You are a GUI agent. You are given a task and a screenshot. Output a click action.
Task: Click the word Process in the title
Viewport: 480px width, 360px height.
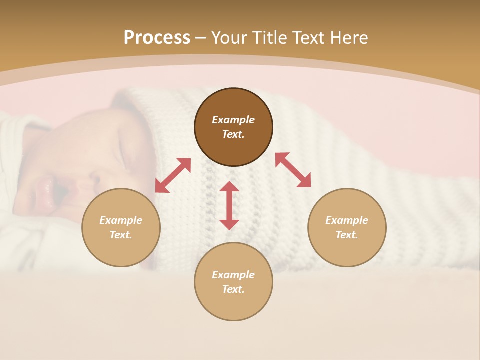tap(157, 38)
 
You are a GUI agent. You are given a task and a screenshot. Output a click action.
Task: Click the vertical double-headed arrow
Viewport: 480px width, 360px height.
tap(229, 205)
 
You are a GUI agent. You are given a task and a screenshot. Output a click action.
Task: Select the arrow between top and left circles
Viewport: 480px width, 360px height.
tap(173, 175)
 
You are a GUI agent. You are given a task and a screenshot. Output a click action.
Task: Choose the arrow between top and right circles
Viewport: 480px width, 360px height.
tap(293, 170)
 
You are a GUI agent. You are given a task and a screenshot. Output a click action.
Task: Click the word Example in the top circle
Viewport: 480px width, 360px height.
tap(233, 120)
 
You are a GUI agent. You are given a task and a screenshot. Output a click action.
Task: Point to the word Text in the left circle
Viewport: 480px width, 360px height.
tap(121, 235)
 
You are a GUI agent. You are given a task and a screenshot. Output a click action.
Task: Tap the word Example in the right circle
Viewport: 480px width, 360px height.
tap(347, 220)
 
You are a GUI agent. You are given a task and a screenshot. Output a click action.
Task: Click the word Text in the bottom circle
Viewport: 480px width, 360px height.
tap(233, 289)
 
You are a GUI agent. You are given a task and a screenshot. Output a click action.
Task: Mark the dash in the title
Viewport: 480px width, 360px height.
tap(201, 38)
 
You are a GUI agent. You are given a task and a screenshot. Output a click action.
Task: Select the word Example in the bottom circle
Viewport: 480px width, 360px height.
tap(233, 275)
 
